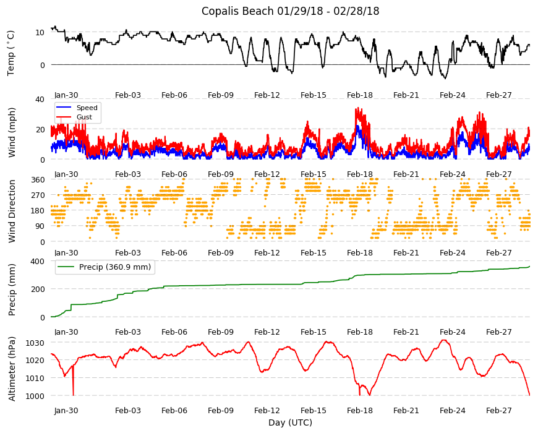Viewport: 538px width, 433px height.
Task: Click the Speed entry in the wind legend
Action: pyautogui.click(x=87, y=108)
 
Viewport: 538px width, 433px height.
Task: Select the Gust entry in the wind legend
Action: pyautogui.click(x=84, y=117)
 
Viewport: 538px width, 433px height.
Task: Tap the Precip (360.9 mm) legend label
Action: pyautogui.click(x=115, y=267)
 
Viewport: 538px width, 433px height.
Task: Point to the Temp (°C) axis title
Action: pyautogui.click(x=11, y=53)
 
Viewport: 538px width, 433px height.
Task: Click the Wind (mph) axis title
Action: pyautogui.click(x=12, y=132)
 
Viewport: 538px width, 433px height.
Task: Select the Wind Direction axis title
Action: pyautogui.click(x=12, y=211)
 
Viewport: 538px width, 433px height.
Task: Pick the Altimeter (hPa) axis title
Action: pyautogui.click(x=12, y=369)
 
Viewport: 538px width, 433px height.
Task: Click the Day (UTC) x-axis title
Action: pyautogui.click(x=290, y=422)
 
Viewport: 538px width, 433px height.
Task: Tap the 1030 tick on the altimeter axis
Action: pyautogui.click(x=35, y=343)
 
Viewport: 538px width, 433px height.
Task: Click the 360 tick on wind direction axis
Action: pyautogui.click(x=38, y=180)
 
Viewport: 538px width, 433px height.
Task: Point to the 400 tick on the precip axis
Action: pyautogui.click(x=38, y=261)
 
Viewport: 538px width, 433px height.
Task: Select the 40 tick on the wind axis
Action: pyautogui.click(x=40, y=99)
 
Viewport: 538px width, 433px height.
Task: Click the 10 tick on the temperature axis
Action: pyautogui.click(x=40, y=33)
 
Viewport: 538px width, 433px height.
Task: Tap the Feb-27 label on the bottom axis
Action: pyautogui.click(x=498, y=410)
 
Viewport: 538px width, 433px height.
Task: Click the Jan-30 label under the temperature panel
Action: pyautogui.click(x=66, y=95)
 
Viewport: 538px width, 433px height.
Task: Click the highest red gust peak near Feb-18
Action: pyautogui.click(x=357, y=108)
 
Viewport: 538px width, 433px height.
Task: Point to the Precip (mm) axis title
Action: pyautogui.click(x=12, y=289)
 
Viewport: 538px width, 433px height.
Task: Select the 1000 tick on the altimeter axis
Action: pyautogui.click(x=35, y=396)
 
